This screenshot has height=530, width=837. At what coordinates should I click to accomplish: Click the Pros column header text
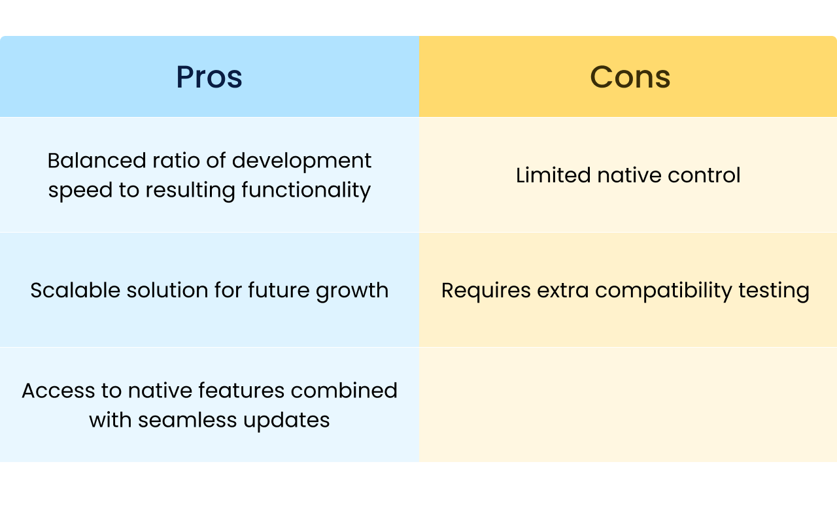tap(209, 77)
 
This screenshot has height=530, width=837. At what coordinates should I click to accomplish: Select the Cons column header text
tap(630, 77)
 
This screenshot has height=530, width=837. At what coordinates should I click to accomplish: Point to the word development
tap(301, 161)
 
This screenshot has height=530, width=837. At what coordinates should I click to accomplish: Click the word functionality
tap(306, 190)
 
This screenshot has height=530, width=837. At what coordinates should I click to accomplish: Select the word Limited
tap(553, 175)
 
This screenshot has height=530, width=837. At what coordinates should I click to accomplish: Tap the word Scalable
tap(75, 290)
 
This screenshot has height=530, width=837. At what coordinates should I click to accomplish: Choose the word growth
tap(352, 291)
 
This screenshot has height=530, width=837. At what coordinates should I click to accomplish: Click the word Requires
tap(486, 291)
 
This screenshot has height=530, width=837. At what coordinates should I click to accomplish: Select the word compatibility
tap(664, 291)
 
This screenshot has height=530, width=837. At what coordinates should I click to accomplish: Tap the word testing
tap(774, 291)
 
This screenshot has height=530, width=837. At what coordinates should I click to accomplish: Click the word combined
tap(344, 391)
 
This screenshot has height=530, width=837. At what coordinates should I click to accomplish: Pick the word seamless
tap(188, 420)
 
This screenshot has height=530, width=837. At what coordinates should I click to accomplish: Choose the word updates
tap(286, 421)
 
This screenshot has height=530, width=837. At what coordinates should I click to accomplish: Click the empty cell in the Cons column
tap(628, 405)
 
